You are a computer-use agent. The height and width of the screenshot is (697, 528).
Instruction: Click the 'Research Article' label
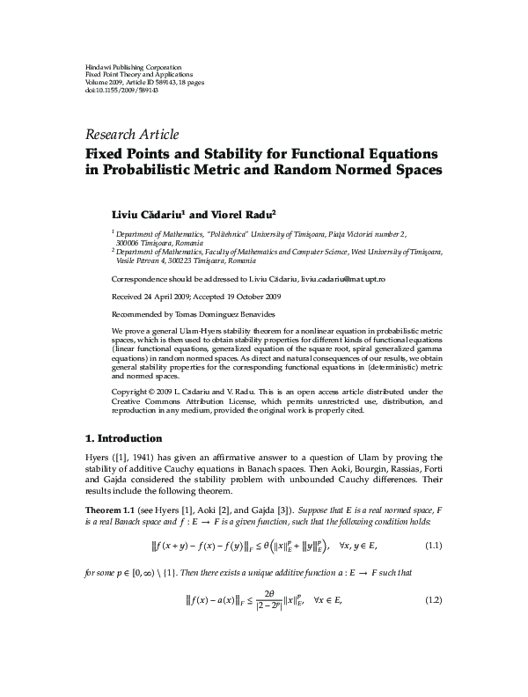(131, 135)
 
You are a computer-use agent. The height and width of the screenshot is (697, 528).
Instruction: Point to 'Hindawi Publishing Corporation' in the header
(133, 67)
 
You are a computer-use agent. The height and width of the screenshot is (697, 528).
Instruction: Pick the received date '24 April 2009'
(166, 296)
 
